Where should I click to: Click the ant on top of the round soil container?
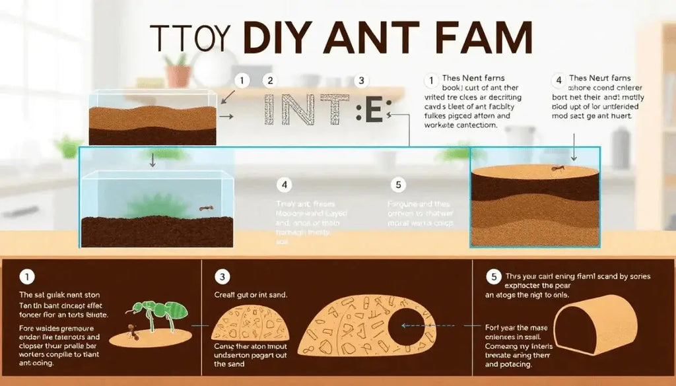point(557,169)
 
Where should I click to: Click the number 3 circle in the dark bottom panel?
point(223,277)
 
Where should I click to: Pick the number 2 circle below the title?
point(269,81)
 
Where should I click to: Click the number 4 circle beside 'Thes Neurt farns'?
point(558,80)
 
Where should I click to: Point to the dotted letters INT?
point(306,110)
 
